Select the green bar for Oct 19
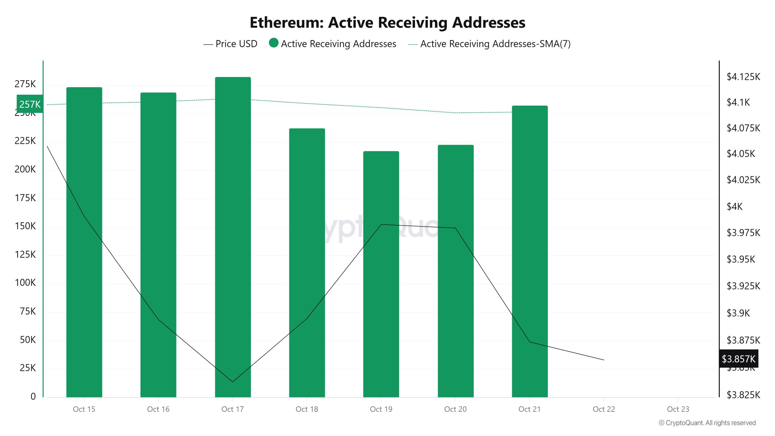381,272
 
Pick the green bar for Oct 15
84,242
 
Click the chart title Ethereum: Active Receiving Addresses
387,22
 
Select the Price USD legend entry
231,44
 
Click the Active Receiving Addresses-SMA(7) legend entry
489,44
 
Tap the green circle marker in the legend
274,43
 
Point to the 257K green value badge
30,104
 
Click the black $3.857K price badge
738,359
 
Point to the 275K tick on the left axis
25,84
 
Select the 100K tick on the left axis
25,282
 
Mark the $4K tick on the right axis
734,206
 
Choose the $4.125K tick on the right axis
743,77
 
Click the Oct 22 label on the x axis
604,409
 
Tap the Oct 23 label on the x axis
678,409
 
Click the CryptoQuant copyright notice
707,423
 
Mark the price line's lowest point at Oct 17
232,381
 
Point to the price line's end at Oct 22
604,360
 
